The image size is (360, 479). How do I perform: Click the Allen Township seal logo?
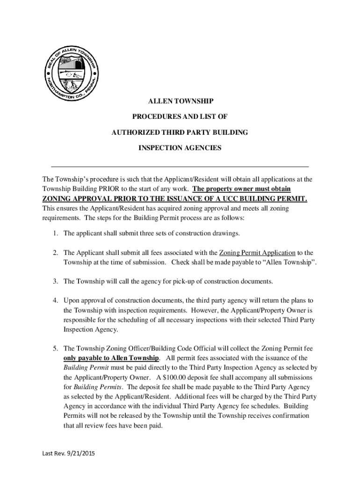coord(72,72)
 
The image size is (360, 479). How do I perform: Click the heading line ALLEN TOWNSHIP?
coord(180,101)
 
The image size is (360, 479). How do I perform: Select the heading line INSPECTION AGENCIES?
coord(180,148)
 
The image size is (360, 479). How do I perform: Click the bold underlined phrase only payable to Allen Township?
coord(112,358)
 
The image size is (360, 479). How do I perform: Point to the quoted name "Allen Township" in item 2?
coord(291,262)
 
